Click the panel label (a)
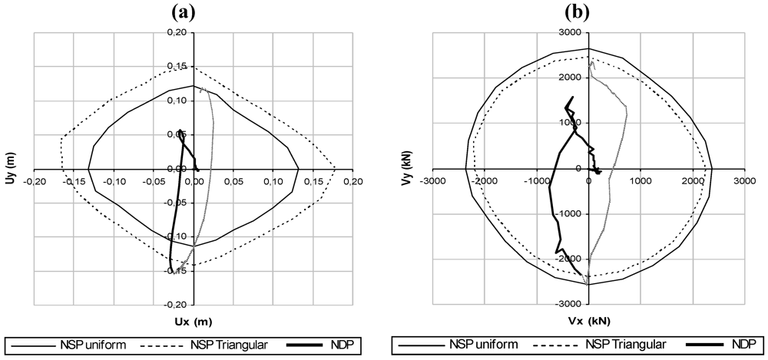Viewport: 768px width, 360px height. (x=184, y=12)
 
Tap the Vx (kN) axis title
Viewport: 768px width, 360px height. (x=588, y=321)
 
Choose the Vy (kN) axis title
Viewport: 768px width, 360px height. (x=410, y=169)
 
